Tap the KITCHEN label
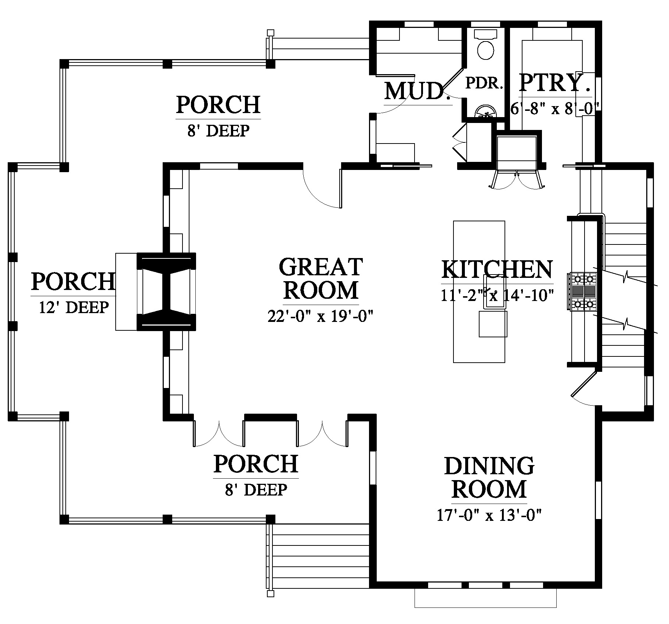point(497,269)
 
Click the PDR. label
point(484,83)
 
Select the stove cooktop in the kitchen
point(583,291)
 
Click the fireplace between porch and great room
point(166,291)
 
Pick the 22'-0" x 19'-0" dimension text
point(321,316)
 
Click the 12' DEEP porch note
point(74,307)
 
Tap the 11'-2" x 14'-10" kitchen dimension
point(497,295)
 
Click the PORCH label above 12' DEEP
point(73,282)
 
